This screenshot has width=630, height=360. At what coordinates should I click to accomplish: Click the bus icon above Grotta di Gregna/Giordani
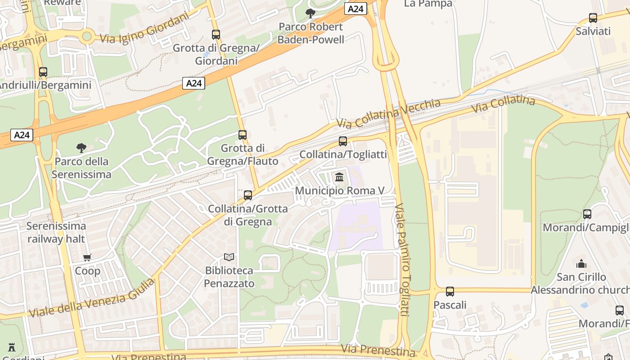[216, 34]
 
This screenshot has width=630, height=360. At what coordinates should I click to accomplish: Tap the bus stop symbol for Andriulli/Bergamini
[43, 72]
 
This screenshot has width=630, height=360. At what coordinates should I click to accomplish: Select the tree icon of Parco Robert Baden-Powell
[310, 13]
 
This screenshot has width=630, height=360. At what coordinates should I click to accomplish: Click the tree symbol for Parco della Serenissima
[81, 148]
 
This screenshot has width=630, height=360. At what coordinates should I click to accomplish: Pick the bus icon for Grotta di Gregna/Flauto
[243, 135]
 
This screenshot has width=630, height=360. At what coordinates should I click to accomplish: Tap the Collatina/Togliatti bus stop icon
[343, 141]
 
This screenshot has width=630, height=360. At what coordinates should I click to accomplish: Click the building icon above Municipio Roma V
[339, 177]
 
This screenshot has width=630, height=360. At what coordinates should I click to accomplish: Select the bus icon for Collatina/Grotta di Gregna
[248, 195]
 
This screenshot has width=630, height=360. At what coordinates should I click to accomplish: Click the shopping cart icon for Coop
[87, 258]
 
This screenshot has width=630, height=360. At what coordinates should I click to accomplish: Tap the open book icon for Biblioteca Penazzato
[229, 257]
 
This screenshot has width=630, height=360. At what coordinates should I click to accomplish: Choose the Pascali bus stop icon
[450, 292]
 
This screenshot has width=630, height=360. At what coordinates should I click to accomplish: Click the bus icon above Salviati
[593, 18]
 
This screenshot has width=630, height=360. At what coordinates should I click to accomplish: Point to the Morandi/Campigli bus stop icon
[587, 214]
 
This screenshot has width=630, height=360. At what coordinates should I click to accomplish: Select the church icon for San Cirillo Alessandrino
[581, 263]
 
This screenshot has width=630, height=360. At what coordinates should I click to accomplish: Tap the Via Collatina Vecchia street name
[388, 114]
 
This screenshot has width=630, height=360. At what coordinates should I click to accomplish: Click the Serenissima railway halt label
[56, 232]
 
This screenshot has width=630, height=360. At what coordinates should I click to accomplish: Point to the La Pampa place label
[428, 4]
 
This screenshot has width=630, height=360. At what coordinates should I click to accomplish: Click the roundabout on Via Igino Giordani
[87, 36]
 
